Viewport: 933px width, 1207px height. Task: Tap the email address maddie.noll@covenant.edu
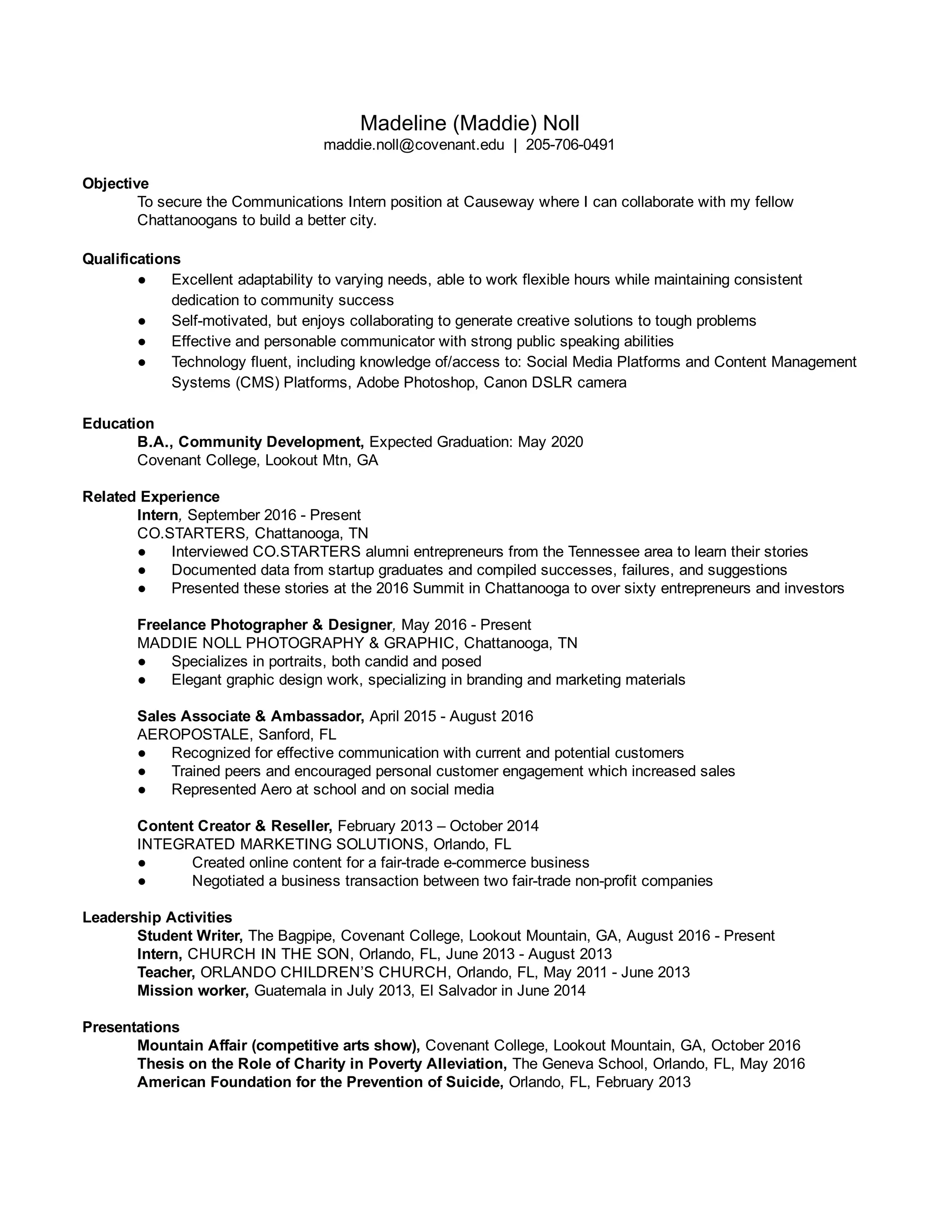point(414,145)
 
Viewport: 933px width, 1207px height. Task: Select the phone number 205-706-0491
point(570,145)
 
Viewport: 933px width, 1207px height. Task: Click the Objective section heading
point(116,184)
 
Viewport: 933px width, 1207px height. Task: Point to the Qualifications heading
point(132,259)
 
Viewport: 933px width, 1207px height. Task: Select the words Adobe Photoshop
point(415,383)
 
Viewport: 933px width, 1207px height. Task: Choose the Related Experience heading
point(151,496)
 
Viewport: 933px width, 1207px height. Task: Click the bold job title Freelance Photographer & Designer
point(265,624)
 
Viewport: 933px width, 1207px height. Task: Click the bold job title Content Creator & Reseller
point(234,826)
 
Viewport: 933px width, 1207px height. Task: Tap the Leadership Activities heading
point(157,917)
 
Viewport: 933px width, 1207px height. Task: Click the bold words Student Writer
point(190,936)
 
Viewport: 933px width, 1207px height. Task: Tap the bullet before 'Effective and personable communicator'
point(142,342)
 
